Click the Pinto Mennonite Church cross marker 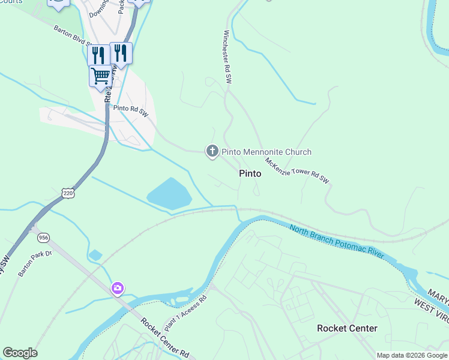click(212, 151)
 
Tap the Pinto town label click(250, 173)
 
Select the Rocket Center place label click(347, 328)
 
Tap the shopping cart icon click(100, 76)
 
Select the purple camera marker click(118, 289)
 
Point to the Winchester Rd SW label click(228, 56)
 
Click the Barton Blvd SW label click(72, 35)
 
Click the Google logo click(20, 353)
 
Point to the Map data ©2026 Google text click(411, 355)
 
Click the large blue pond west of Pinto click(170, 194)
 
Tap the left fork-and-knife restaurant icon click(98, 55)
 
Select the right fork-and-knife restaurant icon click(121, 53)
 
